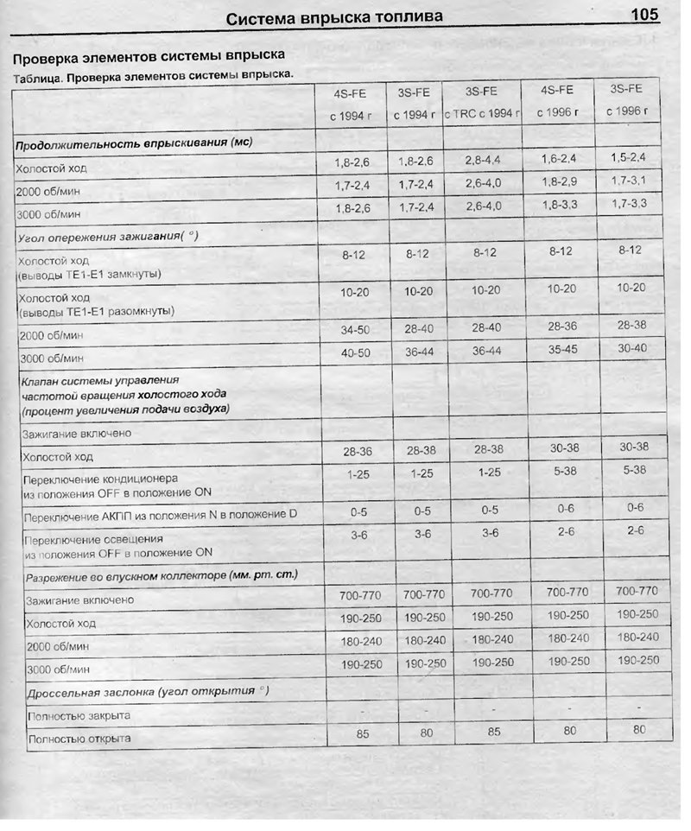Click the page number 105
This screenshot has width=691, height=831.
[x=644, y=15]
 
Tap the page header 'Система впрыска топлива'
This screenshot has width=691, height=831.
[x=334, y=17]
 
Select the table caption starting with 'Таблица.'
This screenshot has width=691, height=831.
[x=153, y=77]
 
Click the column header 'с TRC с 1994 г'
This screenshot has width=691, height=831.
[x=483, y=113]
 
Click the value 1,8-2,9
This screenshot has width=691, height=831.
[x=558, y=182]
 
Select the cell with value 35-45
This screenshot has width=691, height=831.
[x=560, y=350]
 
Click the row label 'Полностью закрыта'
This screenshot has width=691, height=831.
[x=79, y=716]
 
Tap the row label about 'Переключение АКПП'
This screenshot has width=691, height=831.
[x=161, y=516]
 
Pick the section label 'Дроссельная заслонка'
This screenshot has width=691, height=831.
[x=147, y=692]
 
